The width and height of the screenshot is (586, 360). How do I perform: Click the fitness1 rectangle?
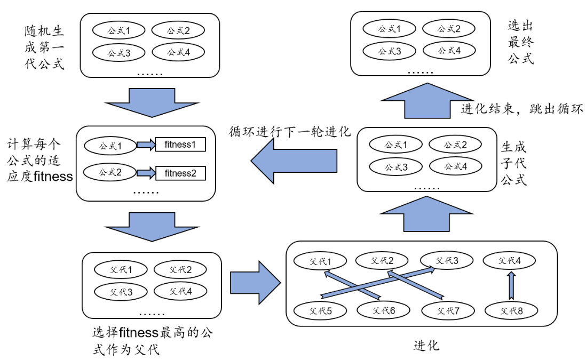pos(180,145)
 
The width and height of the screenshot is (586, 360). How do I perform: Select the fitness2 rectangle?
pos(180,173)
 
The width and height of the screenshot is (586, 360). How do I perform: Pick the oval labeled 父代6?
pos(384,310)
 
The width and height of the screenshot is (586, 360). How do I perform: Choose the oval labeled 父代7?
pos(447,310)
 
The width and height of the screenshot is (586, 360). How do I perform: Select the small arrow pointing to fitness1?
pos(145,145)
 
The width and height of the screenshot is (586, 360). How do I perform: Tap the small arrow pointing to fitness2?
pos(145,173)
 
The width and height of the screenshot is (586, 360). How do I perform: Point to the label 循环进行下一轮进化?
pos(290,131)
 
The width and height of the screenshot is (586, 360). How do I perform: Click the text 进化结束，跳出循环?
pos(521,109)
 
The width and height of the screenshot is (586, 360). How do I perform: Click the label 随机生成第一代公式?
pos(44,46)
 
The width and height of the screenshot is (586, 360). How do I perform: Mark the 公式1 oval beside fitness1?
pos(110,145)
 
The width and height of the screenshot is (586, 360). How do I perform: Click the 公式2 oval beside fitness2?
pos(110,173)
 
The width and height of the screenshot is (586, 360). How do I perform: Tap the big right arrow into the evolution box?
pos(255,282)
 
